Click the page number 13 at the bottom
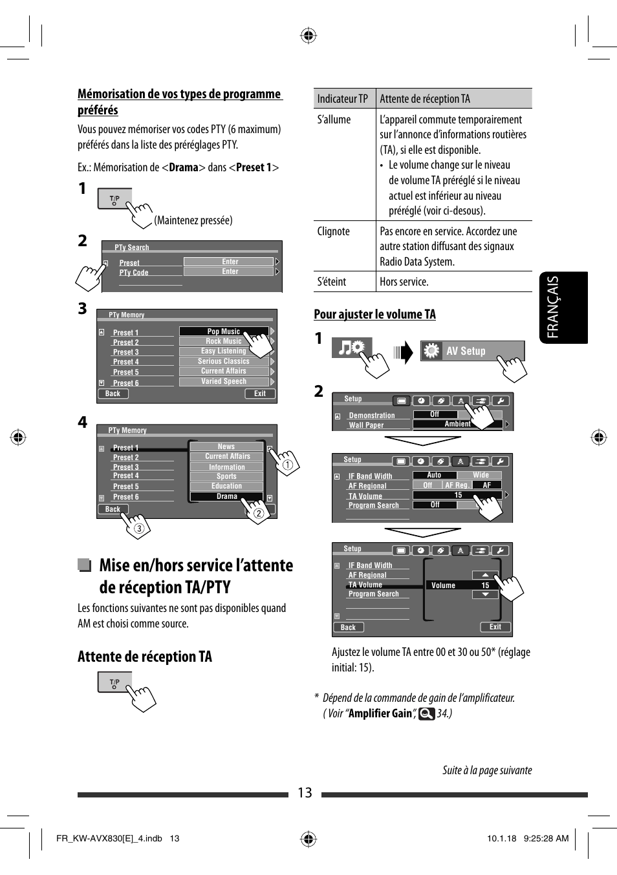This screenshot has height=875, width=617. coord(305,793)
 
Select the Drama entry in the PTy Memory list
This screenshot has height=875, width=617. coord(226,496)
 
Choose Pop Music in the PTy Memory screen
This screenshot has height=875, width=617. coord(223,332)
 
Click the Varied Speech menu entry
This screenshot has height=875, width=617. coord(223,381)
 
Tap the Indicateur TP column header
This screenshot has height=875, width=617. coord(343,99)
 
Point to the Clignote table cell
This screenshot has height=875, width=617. coord(334,231)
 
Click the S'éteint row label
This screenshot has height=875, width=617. coord(332,282)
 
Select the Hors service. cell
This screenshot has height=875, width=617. coord(404,282)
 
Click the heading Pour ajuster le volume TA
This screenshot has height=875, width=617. coord(374,315)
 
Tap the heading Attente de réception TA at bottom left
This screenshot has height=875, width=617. coord(145,657)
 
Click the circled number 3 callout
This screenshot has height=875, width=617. coord(138,529)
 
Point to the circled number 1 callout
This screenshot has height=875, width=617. coord(288,464)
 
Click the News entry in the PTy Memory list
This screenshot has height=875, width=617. coord(226,447)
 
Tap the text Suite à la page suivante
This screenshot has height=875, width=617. coord(486,770)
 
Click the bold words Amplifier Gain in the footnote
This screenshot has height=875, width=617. coord(380,713)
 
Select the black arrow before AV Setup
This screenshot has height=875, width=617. coord(403,353)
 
